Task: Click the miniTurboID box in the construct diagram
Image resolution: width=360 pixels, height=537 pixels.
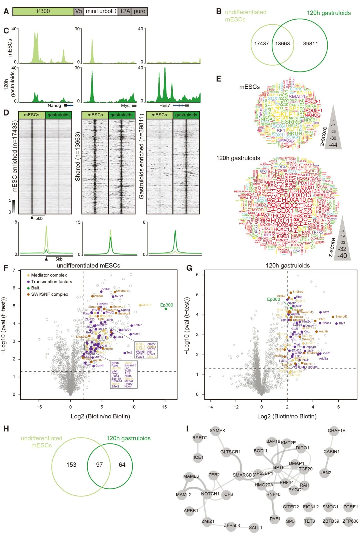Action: (x=101, y=11)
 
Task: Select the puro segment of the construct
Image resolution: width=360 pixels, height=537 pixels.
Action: (x=139, y=11)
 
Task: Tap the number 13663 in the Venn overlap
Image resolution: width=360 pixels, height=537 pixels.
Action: (x=282, y=44)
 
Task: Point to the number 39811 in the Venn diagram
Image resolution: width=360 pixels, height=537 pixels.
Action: (x=310, y=44)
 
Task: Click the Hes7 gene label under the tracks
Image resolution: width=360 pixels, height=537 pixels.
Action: (x=165, y=106)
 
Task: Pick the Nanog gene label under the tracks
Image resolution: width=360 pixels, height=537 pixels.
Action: (x=54, y=106)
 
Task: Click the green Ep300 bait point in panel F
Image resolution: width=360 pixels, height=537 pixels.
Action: (x=166, y=309)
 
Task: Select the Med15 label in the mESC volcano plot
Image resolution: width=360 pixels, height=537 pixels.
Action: (x=147, y=305)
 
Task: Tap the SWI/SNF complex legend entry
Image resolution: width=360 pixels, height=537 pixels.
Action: (x=49, y=294)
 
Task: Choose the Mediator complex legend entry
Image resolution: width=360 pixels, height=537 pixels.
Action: (x=49, y=275)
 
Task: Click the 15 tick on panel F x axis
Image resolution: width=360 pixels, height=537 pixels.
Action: (x=165, y=407)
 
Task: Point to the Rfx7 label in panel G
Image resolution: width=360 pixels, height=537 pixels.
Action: (x=342, y=323)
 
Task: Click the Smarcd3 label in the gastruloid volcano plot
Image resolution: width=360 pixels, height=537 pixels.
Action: (x=341, y=316)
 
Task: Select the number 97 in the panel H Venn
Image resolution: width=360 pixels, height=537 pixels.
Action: (x=99, y=465)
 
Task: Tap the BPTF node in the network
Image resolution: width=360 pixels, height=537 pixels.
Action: (x=279, y=467)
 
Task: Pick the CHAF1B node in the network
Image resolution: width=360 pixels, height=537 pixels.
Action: (x=336, y=430)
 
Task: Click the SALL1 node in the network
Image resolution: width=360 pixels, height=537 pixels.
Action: (x=255, y=527)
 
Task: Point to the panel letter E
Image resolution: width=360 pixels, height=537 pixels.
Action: (x=219, y=79)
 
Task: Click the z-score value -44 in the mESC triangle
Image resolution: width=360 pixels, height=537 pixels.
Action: (x=333, y=145)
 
